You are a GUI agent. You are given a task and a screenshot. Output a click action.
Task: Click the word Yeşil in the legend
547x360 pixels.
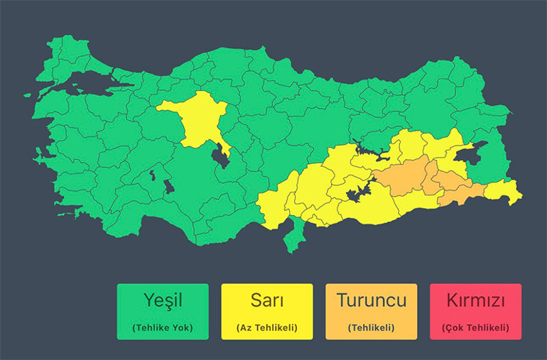pos(163,300)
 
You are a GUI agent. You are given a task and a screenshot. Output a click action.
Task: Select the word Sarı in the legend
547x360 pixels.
pos(266,300)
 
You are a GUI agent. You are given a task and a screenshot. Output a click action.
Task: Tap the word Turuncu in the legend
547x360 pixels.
pos(371,300)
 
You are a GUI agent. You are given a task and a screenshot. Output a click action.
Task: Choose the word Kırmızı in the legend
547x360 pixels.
pos(475,300)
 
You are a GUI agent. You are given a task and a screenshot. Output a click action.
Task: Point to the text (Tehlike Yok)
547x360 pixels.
pos(163,327)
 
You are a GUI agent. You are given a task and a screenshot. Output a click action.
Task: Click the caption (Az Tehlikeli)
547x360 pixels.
pos(266,327)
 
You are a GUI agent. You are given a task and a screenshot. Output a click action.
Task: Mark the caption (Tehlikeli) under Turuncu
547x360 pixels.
pos(371,327)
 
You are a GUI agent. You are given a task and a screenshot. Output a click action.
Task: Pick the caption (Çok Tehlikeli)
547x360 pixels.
pos(475,327)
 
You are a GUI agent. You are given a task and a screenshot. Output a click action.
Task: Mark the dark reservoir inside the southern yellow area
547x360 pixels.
pos(359,190)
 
